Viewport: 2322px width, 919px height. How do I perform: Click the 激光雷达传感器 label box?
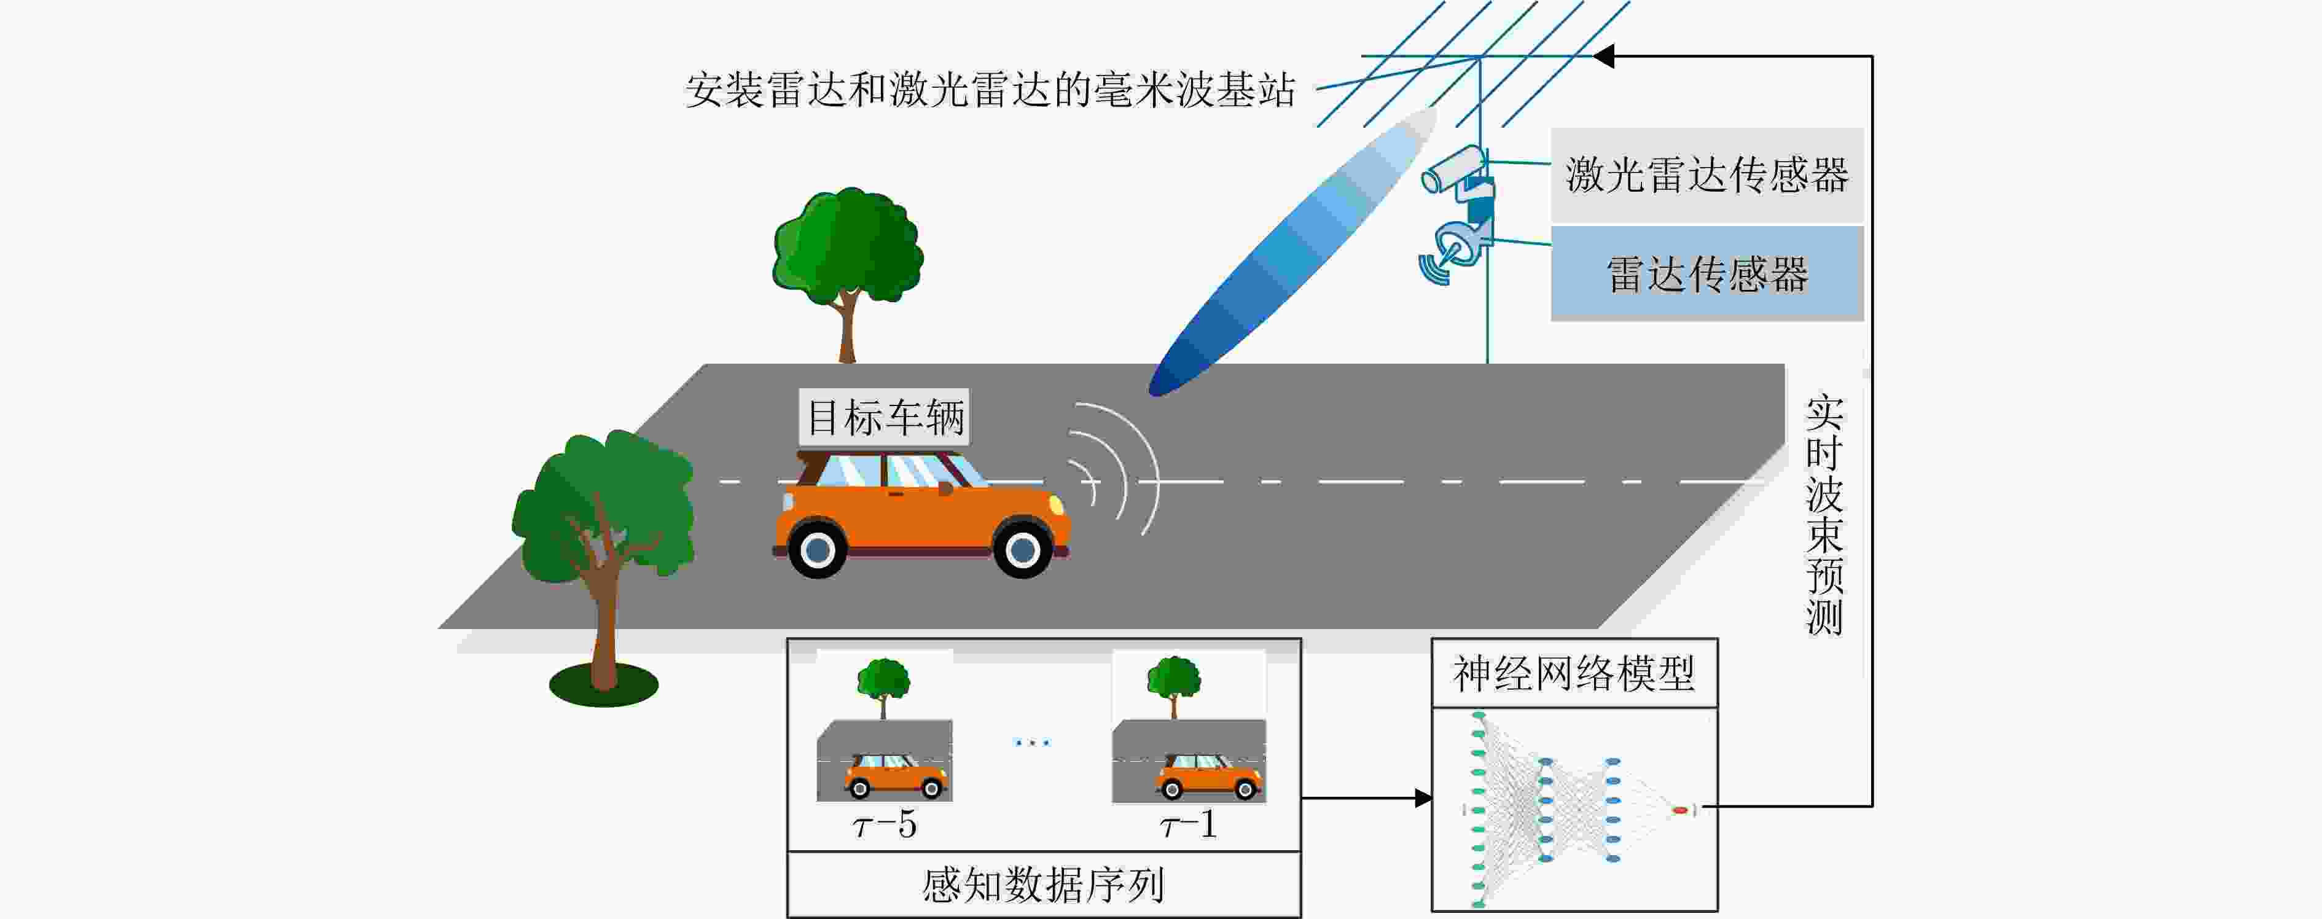coord(1706,175)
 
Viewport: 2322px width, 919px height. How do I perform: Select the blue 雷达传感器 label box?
coord(1706,273)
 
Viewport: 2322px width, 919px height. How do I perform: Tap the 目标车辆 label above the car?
coord(885,416)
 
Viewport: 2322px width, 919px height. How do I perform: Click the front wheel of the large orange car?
coord(1022,547)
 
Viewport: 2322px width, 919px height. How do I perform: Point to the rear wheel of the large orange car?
coord(818,549)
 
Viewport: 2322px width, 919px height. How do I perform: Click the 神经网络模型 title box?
coord(1574,673)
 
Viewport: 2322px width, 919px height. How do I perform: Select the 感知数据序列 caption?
coord(1044,885)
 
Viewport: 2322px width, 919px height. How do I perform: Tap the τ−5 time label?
coord(885,824)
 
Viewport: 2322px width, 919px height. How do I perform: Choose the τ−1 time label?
coord(1188,824)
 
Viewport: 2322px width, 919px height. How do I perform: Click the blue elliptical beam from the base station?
coord(1292,252)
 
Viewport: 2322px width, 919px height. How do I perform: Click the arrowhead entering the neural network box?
coord(1423,798)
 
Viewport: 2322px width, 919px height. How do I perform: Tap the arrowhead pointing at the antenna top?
coord(1603,57)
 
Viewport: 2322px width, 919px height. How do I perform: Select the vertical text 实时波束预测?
coord(1824,515)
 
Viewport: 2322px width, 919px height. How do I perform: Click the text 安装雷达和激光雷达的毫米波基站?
coord(990,90)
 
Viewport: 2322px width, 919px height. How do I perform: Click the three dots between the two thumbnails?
coord(1032,743)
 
